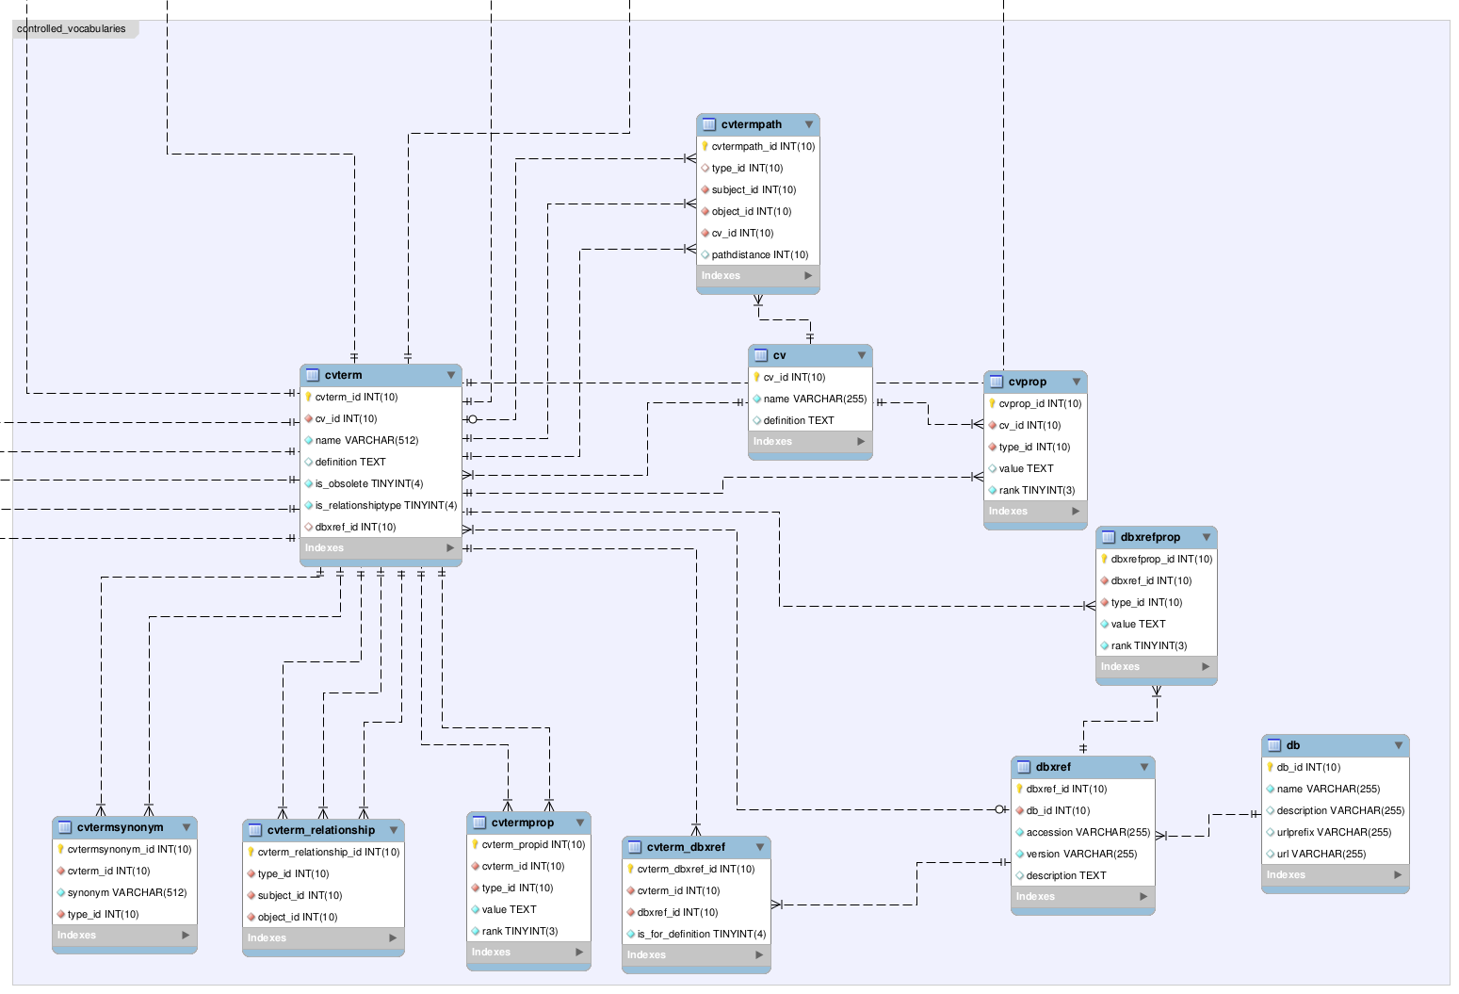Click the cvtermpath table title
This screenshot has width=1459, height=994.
tap(751, 124)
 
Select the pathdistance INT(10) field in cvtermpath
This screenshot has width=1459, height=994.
tap(759, 254)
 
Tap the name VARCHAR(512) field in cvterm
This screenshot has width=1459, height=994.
tap(366, 440)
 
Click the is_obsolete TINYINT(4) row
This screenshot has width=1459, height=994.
tap(368, 483)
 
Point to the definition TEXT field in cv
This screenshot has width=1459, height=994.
tap(798, 420)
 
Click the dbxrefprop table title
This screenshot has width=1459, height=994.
tap(1149, 537)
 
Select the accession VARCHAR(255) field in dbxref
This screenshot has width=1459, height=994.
tap(1087, 832)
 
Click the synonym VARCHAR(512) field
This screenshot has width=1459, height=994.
tap(126, 892)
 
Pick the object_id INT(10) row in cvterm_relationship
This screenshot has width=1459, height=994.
tap(297, 917)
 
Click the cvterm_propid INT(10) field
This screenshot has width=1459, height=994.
tap(533, 844)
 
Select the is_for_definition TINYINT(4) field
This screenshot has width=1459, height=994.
tap(701, 934)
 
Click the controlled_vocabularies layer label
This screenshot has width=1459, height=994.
tap(72, 29)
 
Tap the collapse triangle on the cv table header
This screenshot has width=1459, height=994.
tap(861, 355)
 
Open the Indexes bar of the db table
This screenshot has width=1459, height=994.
tap(1335, 875)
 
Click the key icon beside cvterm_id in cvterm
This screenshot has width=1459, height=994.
tap(308, 397)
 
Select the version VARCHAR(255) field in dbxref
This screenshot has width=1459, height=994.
tap(1080, 854)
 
